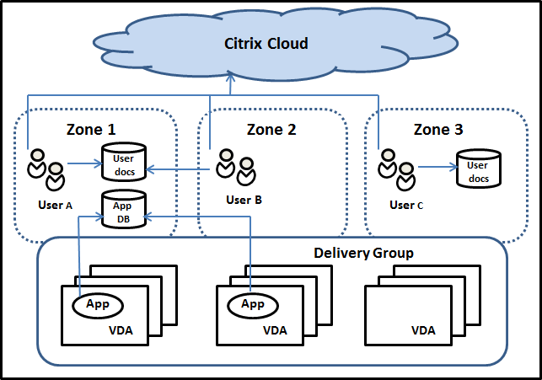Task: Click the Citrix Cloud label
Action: [266, 43]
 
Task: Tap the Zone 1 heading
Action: [91, 130]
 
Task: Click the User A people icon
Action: [46, 168]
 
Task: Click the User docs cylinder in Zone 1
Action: [123, 161]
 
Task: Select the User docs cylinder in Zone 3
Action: [477, 167]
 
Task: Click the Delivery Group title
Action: [363, 252]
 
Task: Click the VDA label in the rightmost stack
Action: [423, 330]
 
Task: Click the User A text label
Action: [55, 203]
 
